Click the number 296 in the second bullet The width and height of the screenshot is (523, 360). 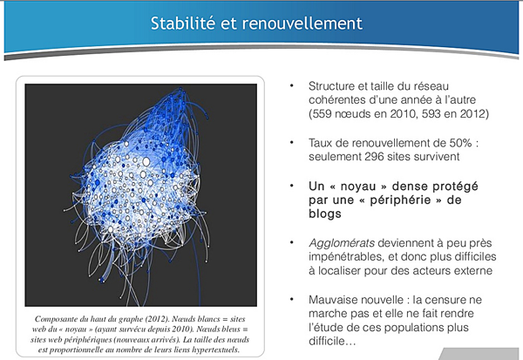click(377, 157)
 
